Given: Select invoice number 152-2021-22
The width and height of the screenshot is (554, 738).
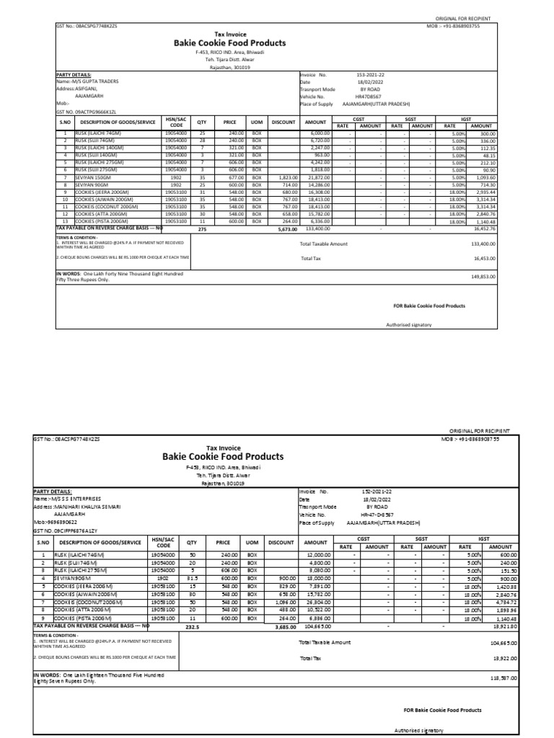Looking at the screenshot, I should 377,491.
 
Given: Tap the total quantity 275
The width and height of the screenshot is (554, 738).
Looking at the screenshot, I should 201,229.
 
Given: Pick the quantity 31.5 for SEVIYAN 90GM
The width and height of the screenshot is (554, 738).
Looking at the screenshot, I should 192,577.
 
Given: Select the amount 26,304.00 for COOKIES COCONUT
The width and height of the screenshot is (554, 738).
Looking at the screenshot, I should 317,601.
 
